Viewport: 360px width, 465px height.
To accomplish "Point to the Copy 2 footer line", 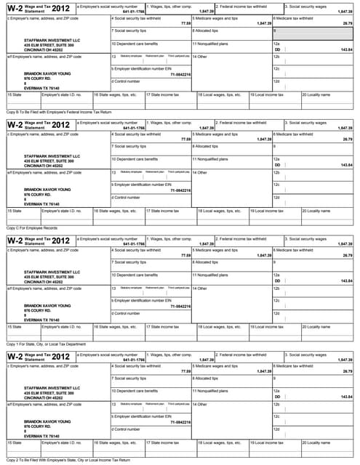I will [57, 459].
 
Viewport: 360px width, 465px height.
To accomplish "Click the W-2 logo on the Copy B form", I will [15, 9].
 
